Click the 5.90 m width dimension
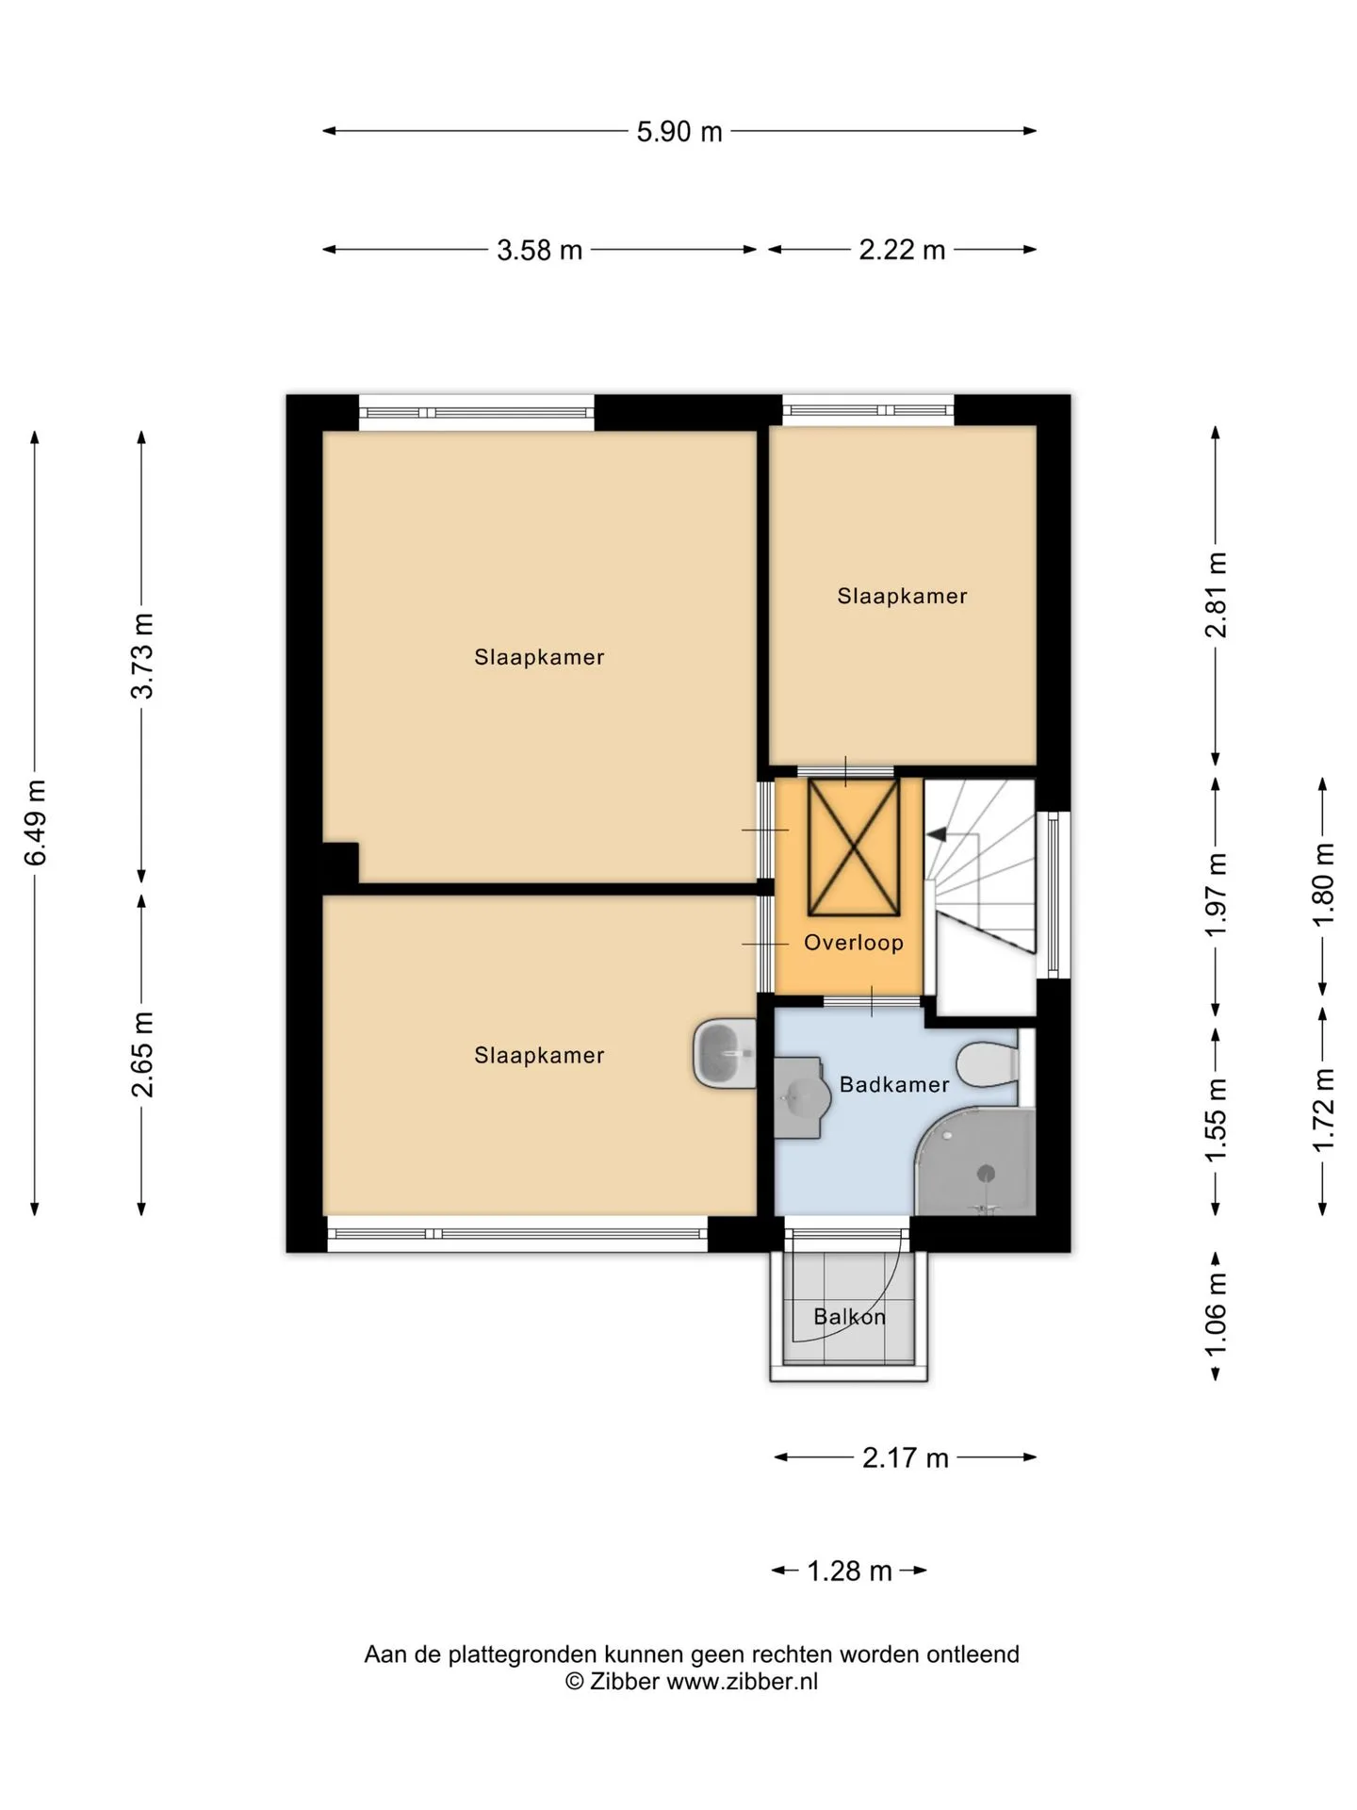coord(679,132)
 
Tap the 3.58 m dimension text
coord(540,251)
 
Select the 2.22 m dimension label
coord(902,251)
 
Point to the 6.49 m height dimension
coord(36,823)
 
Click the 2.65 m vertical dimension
coord(142,1055)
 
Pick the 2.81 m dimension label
coord(1217,596)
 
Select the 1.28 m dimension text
coord(849,1571)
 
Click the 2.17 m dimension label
coord(905,1458)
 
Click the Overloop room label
coord(854,943)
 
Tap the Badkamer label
coord(894,1085)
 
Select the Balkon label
coord(850,1317)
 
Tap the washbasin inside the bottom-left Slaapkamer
coord(725,1053)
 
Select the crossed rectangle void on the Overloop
coord(854,847)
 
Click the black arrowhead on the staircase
coord(937,834)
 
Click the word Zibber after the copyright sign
coord(624,1681)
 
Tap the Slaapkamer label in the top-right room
coord(903,596)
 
